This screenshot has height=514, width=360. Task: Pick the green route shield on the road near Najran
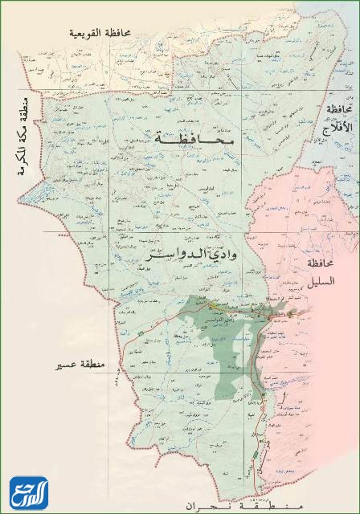click(256, 454)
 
